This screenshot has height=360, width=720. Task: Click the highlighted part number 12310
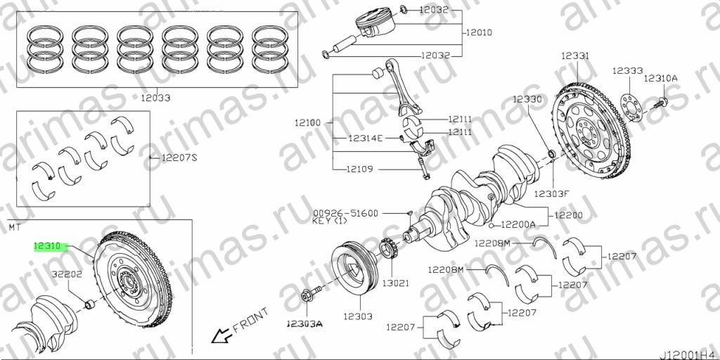tap(47, 247)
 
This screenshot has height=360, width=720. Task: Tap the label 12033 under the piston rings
tap(155, 98)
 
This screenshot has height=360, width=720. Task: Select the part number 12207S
tap(179, 158)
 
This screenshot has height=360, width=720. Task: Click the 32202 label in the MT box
tap(67, 275)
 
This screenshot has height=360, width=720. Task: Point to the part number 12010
tap(480, 32)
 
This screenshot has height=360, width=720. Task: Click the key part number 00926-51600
tap(346, 213)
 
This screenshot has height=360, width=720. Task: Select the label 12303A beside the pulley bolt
tap(304, 323)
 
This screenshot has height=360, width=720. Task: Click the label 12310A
tap(660, 78)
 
